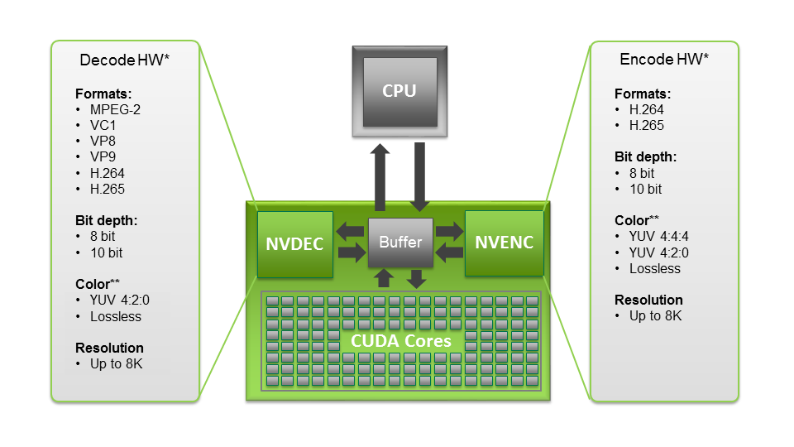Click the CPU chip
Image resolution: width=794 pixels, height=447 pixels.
point(399,91)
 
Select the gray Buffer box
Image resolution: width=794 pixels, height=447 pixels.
point(400,243)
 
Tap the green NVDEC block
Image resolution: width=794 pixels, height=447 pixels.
point(294,243)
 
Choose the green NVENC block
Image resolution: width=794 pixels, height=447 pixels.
point(504,243)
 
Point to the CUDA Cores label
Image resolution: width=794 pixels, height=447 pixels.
point(400,341)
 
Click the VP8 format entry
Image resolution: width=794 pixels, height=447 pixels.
point(103,142)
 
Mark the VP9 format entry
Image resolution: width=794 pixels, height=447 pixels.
point(103,157)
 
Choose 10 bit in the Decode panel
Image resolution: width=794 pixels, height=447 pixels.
point(105,252)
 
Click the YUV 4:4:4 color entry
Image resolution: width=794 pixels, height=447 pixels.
point(658,237)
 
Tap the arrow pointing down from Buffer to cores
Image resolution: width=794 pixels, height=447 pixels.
point(418,278)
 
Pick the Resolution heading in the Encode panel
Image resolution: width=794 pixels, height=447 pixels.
point(648,300)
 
